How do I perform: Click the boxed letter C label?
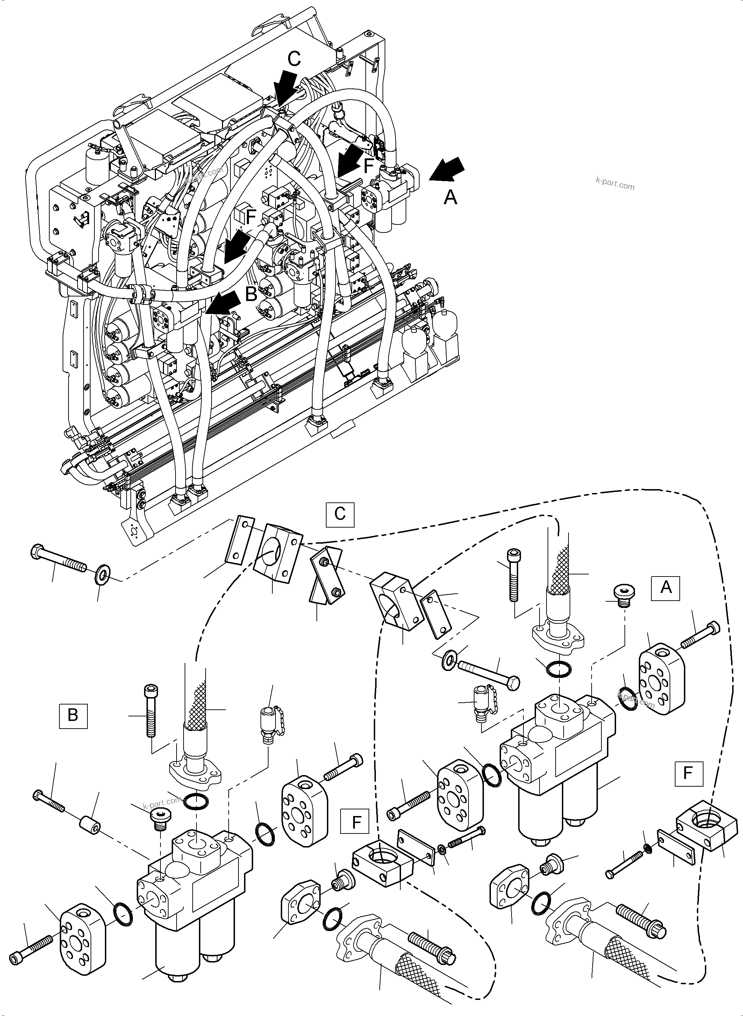(x=340, y=514)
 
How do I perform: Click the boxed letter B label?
(x=73, y=715)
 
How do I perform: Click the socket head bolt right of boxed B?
(x=150, y=710)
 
